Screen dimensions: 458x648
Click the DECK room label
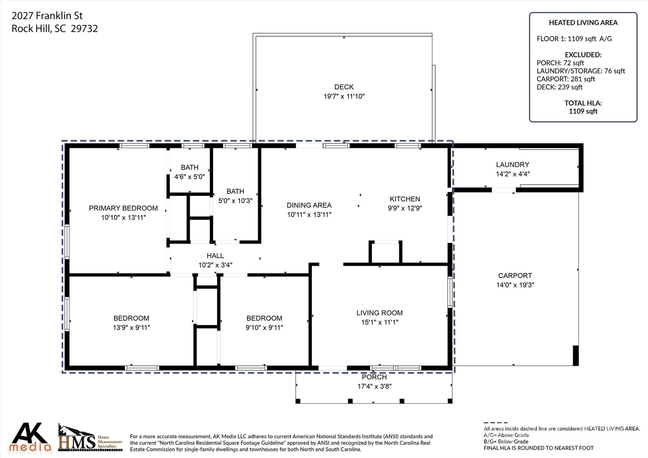point(344,87)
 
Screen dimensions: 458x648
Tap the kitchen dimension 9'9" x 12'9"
point(405,208)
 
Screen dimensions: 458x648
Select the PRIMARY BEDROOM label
point(123,208)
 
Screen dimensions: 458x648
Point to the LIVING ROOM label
point(379,313)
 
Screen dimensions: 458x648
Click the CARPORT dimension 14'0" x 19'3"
point(515,285)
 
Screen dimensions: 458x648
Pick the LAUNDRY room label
point(512,165)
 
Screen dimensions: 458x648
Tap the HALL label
point(215,255)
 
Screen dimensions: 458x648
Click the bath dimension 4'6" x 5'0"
point(190,177)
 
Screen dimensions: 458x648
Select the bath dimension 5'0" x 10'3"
point(235,201)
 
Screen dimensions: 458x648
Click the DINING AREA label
point(309,205)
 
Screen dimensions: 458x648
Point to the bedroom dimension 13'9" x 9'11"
point(131,328)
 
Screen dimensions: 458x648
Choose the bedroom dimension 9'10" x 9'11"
point(264,328)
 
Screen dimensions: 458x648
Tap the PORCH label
point(374,377)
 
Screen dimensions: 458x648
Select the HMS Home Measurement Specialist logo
point(90,438)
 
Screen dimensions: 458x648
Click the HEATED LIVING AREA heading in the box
point(583,23)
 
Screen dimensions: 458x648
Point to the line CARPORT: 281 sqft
point(565,79)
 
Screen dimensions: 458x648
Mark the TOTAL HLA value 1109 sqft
point(583,111)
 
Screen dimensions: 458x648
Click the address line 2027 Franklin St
point(47,16)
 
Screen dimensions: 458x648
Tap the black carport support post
point(576,355)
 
